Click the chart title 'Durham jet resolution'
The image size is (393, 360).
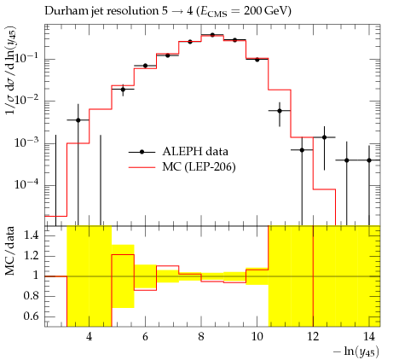coord(101,11)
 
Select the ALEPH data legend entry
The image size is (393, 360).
coord(178,152)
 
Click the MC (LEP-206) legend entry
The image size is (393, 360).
coord(182,167)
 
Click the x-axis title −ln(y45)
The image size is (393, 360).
coord(356,351)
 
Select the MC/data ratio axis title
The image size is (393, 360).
coord(9,251)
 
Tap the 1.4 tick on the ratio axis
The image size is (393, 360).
coord(32,235)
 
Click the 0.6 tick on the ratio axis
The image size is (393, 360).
coord(32,316)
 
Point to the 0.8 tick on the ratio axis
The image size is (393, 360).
coord(32,296)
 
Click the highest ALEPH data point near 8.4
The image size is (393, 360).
coord(212,35)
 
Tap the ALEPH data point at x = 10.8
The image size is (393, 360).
coord(280,111)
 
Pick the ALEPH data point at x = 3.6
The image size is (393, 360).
coord(78,120)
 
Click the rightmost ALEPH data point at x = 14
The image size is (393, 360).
coord(369,160)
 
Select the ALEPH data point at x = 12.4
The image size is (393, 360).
coord(324,137)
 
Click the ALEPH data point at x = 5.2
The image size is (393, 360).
coord(123,90)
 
